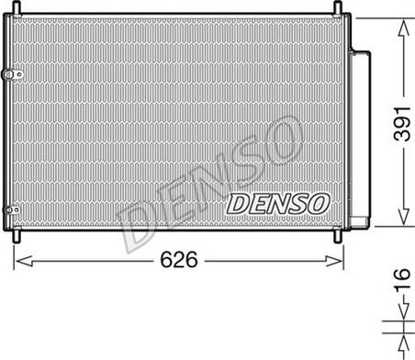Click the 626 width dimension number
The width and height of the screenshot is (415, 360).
pos(179,260)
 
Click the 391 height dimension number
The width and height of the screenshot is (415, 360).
pos(402,124)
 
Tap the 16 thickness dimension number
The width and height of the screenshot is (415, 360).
pos(401,279)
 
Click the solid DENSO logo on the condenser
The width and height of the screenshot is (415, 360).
pos(278,204)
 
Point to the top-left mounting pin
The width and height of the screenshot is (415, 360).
pos(17,8)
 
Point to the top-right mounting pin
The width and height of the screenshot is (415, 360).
pos(337,7)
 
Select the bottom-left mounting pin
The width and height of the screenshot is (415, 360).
pos(17,235)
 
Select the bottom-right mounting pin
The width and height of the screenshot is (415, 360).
pos(337,235)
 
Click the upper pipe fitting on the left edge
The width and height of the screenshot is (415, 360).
pos(12,74)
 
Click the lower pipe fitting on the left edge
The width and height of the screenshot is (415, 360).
pos(11,209)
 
